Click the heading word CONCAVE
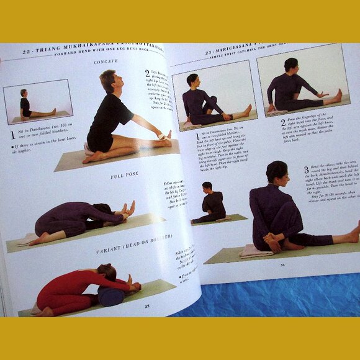(106, 61)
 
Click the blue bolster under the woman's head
(111, 295)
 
